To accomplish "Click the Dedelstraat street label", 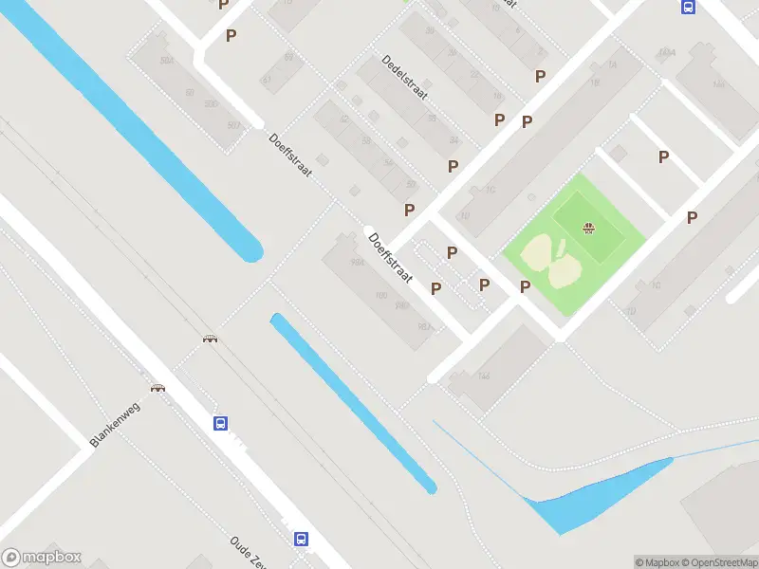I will point(405,77).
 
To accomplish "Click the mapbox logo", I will point(42,558).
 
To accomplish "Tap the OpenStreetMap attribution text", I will point(717,562).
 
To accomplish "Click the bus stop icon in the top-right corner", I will point(687,7).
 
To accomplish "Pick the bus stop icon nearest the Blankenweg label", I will point(220,424).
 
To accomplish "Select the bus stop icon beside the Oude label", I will point(301,539).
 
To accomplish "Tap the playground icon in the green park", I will point(588,228).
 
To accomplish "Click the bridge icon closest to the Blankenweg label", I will point(157,387).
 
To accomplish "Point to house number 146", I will point(484,376).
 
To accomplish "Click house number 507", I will point(233,125).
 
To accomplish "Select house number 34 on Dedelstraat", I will point(454,141).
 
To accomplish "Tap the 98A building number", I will point(357,263).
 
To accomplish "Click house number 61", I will point(266,80).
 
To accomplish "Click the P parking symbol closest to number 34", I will point(453,166).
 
